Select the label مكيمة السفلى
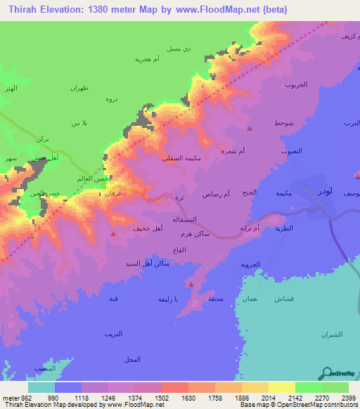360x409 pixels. tap(180, 159)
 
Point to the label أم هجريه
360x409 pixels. tap(150, 59)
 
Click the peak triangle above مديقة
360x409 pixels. tap(191, 284)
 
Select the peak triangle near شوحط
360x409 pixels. tap(250, 128)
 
